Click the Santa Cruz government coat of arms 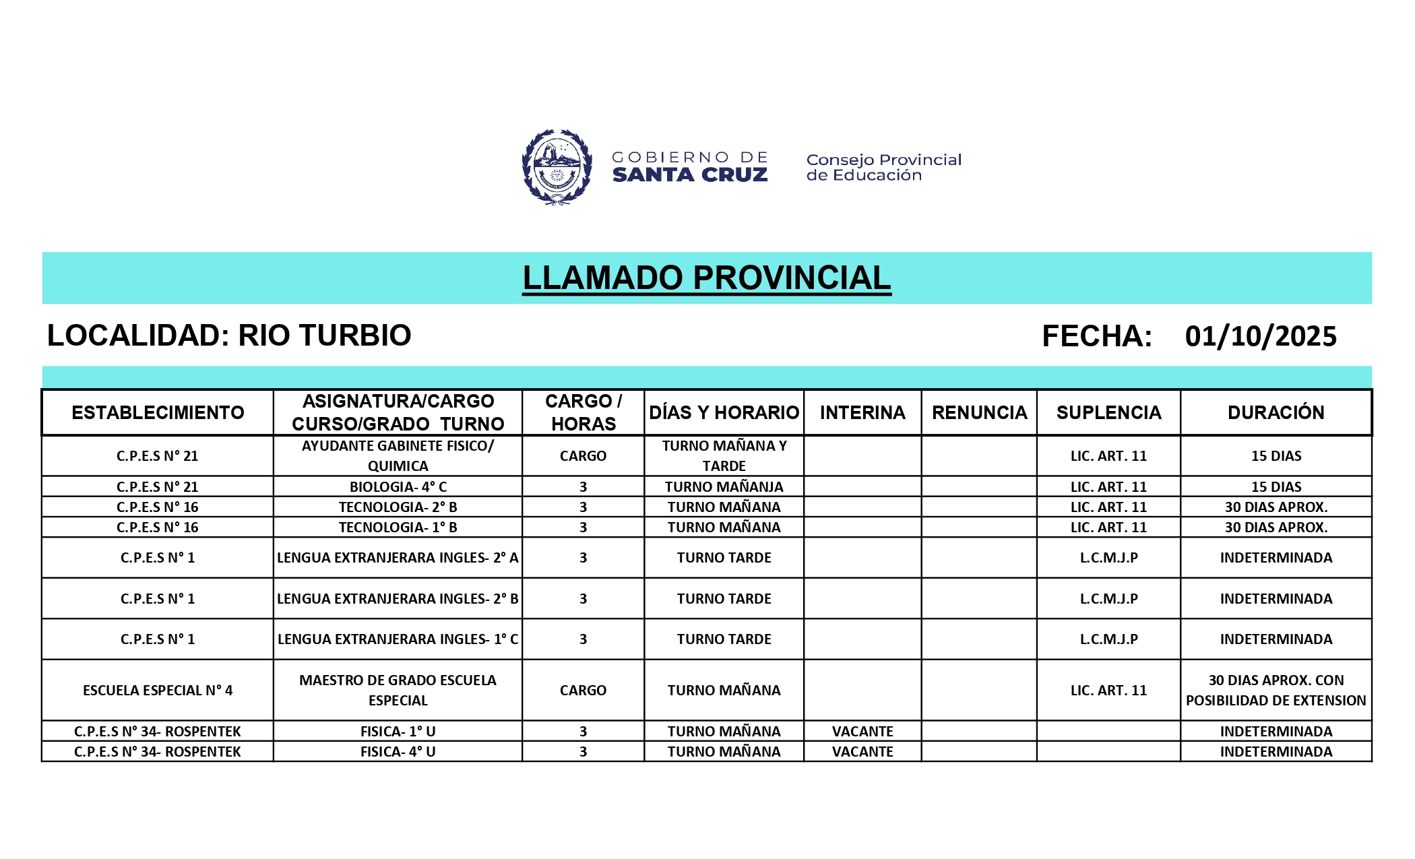(x=557, y=166)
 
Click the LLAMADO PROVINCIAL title (x=707, y=278)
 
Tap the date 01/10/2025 (x=1261, y=336)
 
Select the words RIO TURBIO (x=325, y=336)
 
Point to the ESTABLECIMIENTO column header (x=158, y=412)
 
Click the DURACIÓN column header (x=1276, y=412)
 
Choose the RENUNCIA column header (x=979, y=412)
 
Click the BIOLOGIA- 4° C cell (x=398, y=486)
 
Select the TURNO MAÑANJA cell (x=724, y=486)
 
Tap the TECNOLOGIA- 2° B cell (x=398, y=507)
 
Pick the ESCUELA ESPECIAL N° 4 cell (x=158, y=690)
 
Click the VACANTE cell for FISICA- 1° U (x=862, y=731)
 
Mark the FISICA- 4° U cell (x=398, y=751)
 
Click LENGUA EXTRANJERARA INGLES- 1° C (x=398, y=639)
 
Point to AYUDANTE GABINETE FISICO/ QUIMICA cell (x=398, y=455)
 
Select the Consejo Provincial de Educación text (x=883, y=167)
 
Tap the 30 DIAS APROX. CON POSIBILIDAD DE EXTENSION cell (x=1276, y=690)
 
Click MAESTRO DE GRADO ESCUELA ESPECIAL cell (x=398, y=690)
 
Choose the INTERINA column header (x=862, y=412)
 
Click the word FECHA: (x=1097, y=336)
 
